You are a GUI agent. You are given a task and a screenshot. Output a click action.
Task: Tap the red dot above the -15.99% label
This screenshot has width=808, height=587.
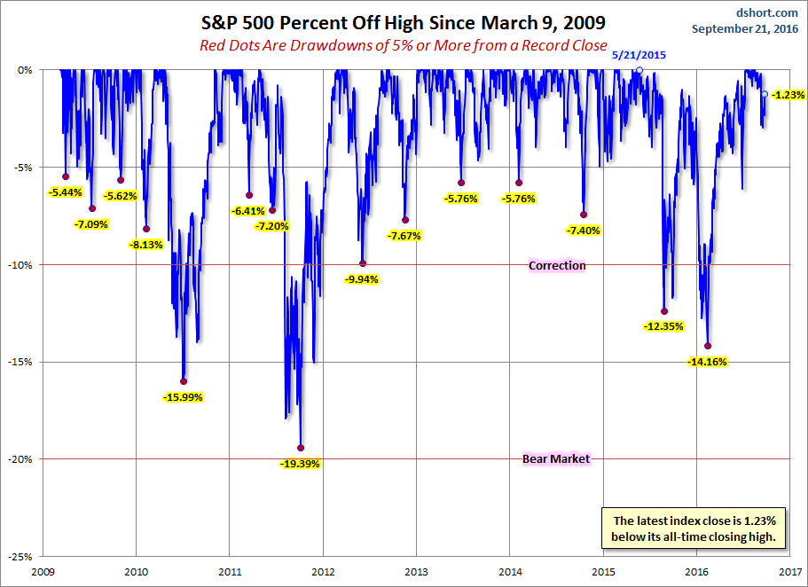[184, 381]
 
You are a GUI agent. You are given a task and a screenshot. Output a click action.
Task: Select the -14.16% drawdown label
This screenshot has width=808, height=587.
[707, 362]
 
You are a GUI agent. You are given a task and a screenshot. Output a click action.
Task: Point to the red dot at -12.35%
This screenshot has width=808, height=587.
[664, 311]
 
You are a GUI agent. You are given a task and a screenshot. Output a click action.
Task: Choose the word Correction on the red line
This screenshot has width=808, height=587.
[557, 265]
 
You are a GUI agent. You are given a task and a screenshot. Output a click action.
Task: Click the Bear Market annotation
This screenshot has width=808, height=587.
[556, 458]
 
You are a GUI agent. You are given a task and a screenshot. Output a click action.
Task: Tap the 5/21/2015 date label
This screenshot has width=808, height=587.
[639, 55]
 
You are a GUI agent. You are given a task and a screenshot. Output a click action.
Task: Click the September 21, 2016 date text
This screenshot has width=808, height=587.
[745, 28]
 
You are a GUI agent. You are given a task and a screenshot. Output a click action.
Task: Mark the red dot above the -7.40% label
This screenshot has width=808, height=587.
[584, 215]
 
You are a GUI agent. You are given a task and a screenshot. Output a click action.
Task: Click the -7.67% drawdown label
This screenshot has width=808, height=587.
[404, 236]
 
